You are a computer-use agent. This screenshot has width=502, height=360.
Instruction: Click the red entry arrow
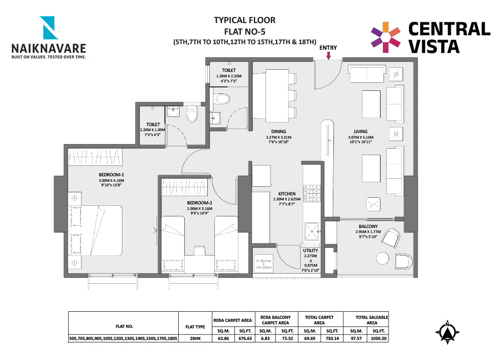328,56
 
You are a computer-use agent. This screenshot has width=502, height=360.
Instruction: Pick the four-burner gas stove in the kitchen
314,192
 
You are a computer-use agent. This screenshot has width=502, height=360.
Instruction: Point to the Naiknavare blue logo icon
50,29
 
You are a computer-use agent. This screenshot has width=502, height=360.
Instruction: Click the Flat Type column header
195,326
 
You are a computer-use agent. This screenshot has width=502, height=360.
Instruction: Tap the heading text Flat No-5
244,31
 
